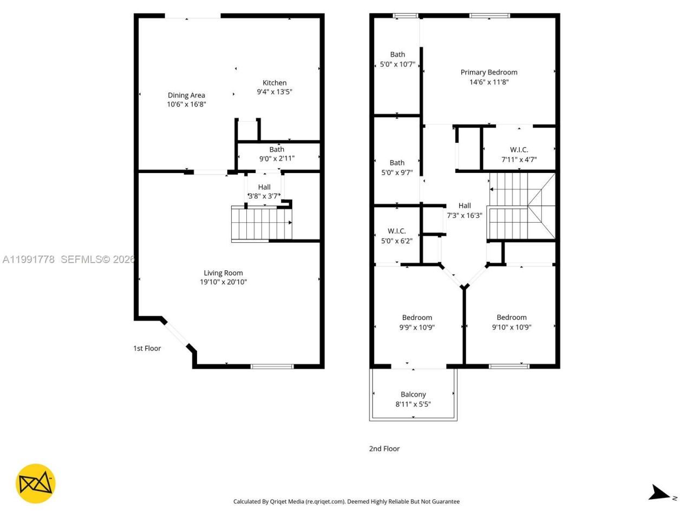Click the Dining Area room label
coord(186,95)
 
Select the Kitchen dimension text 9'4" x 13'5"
coord(274,92)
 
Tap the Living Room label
coord(223,273)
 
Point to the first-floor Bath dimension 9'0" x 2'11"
coord(277,158)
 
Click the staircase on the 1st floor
coord(261,223)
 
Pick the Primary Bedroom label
coord(489,72)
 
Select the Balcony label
coord(413,395)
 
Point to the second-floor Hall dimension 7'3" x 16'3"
coord(464,215)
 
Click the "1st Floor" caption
coord(147,349)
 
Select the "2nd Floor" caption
coord(384,449)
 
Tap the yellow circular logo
coord(35,483)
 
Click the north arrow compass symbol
coord(659,493)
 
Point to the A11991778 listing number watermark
coord(29,259)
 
